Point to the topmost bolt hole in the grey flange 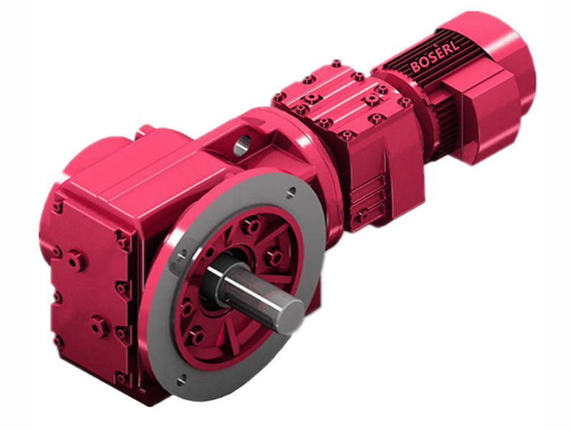tap(291, 191)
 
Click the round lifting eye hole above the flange tap(241, 145)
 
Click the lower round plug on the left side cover tap(99, 326)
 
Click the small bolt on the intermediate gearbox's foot tap(363, 214)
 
